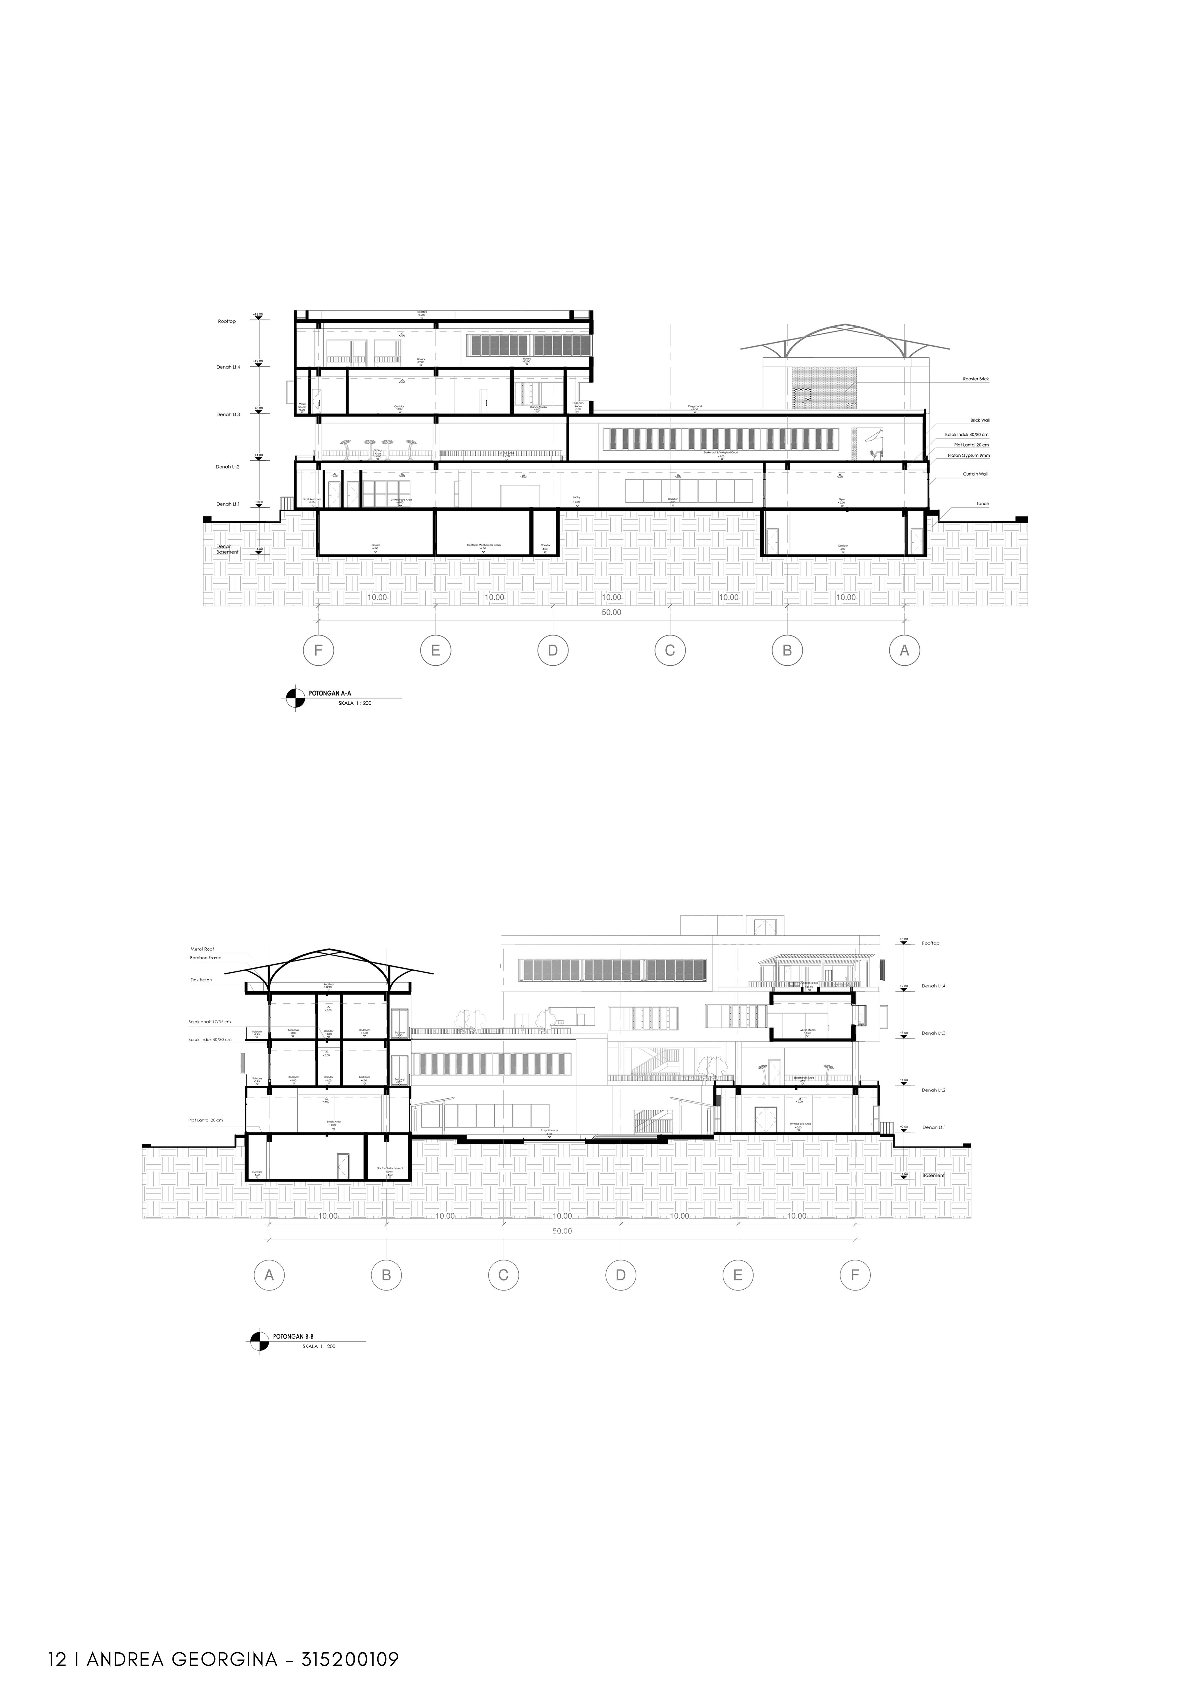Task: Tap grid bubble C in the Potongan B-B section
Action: (503, 1275)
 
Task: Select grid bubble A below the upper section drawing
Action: (904, 651)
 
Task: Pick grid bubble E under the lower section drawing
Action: (738, 1275)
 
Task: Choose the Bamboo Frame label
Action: (205, 958)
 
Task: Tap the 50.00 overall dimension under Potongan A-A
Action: (612, 612)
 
